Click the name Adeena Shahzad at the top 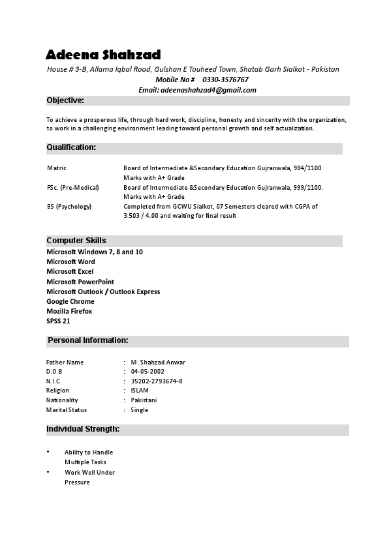103,54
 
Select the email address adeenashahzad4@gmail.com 208,90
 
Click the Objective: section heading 65,100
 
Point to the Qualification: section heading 71,148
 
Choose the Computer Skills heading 76,241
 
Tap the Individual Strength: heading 82,429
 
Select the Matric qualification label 57,168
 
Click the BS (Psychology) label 69,206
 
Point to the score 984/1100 307,168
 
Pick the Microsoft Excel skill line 70,271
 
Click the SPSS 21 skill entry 58,321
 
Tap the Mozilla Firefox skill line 69,311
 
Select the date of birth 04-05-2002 148,371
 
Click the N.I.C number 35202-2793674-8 157,381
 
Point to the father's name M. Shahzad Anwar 158,362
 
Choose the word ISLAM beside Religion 140,391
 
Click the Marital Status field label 67,410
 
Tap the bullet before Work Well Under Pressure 48,471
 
